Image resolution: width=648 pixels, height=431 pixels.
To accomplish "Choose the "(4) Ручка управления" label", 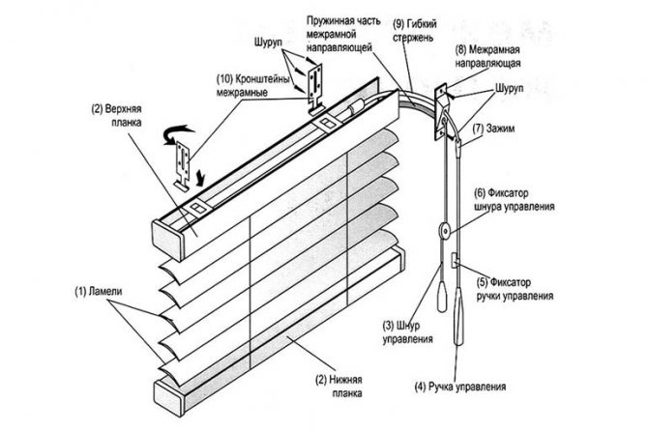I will click(459, 387).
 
